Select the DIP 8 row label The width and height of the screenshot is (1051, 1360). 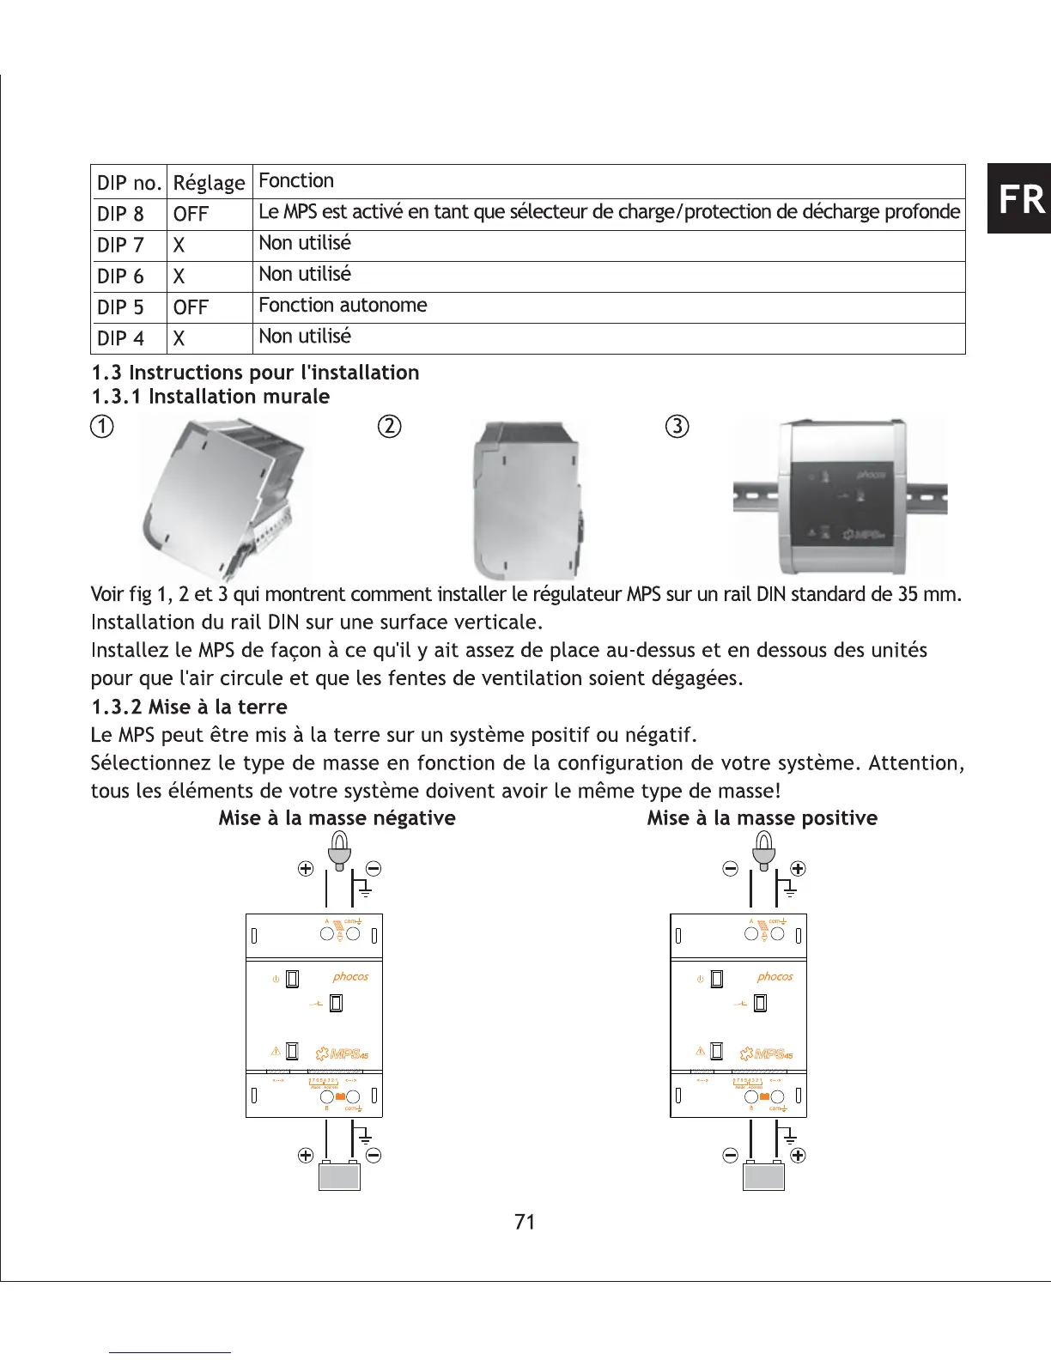pos(120,214)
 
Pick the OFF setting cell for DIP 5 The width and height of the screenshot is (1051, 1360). pos(191,307)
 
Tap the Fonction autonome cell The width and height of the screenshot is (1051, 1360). pos(343,306)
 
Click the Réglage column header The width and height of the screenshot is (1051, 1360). pos(209,183)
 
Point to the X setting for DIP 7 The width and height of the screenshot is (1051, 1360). pos(179,246)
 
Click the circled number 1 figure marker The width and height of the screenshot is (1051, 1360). pos(102,427)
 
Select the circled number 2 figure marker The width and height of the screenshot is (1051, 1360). pos(390,427)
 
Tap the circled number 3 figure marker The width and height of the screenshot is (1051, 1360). pos(677,427)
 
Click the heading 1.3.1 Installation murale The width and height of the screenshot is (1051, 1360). pos(210,397)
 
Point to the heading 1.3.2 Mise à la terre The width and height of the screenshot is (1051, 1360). pos(189,707)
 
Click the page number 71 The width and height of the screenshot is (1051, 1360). pos(525,1223)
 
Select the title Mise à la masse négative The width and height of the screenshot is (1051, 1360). pos(337,818)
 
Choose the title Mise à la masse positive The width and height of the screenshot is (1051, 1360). pos(762,818)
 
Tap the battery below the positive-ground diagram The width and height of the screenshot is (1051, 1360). pos(763,1175)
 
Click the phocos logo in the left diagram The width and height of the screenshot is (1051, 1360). pos(350,977)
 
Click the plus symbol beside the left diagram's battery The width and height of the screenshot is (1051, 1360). pos(305,1155)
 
